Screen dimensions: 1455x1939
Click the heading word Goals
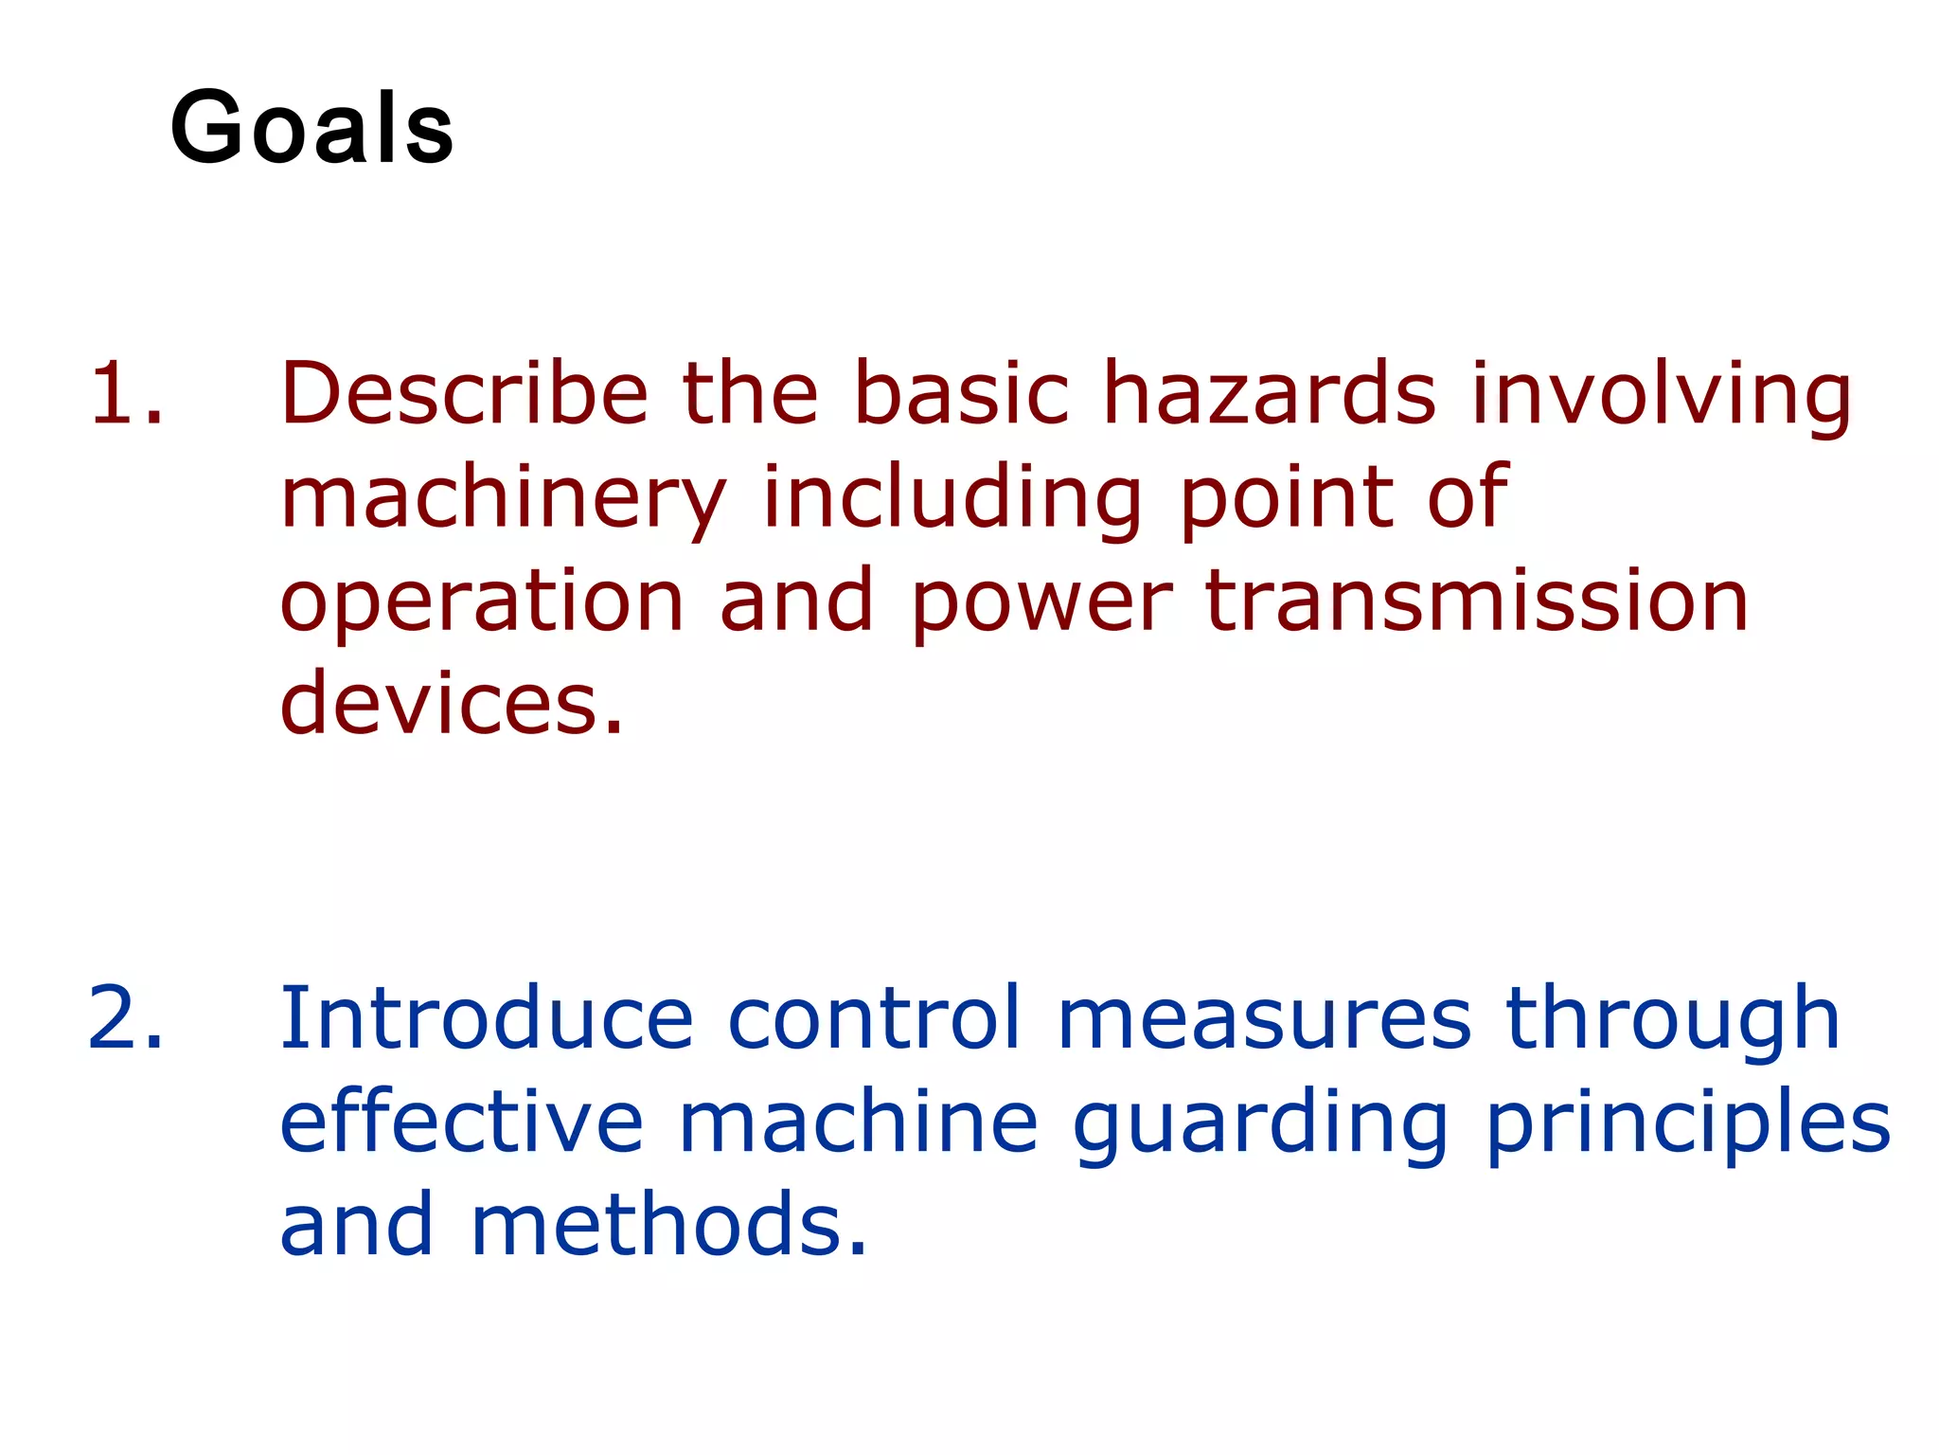(311, 128)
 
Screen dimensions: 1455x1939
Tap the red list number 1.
(125, 393)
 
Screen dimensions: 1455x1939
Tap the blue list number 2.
(125, 1018)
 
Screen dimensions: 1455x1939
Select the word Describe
(464, 393)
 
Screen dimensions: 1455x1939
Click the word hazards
(1270, 393)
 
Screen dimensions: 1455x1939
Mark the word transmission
(1477, 601)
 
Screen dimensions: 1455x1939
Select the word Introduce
(487, 1018)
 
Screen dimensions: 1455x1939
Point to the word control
(875, 1018)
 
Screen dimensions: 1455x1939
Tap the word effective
(462, 1123)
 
